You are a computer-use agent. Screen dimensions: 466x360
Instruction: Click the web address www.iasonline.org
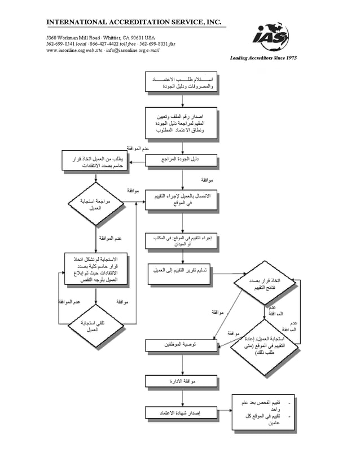pyautogui.click(x=66, y=50)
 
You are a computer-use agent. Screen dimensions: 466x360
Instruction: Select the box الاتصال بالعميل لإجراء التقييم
pyautogui.click(x=181, y=199)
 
